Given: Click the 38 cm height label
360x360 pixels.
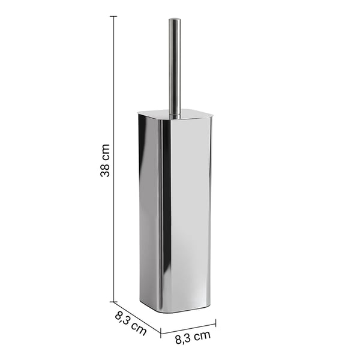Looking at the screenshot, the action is [105, 160].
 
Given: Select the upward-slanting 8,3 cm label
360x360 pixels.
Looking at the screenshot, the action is [193, 337].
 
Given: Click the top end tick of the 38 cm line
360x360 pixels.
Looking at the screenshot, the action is [113, 17].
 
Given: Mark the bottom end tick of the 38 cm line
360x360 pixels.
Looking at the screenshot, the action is [113, 302].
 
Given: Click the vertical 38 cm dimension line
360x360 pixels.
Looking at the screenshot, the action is [113, 159].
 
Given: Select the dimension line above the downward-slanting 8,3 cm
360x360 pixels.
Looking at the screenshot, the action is [137, 317].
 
